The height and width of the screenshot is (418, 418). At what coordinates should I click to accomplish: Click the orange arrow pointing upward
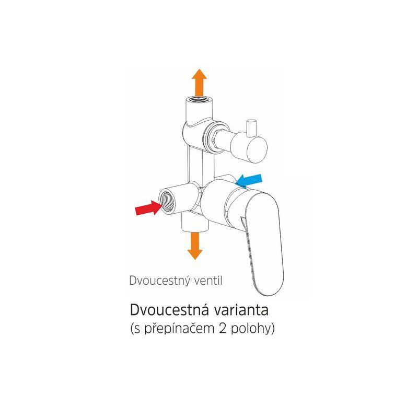pyautogui.click(x=199, y=83)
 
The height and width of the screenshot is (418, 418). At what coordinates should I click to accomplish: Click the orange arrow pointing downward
pyautogui.click(x=195, y=246)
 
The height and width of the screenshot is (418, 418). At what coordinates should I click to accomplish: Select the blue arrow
pyautogui.click(x=249, y=180)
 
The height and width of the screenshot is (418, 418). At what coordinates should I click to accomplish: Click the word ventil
pyautogui.click(x=208, y=281)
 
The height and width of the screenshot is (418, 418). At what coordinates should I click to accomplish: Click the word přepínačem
pyautogui.click(x=180, y=329)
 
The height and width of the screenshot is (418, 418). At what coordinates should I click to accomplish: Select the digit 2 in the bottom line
pyautogui.click(x=223, y=329)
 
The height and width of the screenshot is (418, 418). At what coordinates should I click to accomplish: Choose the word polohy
pyautogui.click(x=251, y=329)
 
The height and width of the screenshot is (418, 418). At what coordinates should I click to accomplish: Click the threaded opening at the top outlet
pyautogui.click(x=199, y=100)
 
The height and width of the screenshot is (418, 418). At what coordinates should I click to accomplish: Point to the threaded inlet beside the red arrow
pyautogui.click(x=167, y=201)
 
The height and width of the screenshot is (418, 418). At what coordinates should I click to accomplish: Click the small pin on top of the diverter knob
pyautogui.click(x=251, y=126)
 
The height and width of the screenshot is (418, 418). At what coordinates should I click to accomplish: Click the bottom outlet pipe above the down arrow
pyautogui.click(x=195, y=223)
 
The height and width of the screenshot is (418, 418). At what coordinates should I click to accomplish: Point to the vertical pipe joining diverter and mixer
pyautogui.click(x=201, y=165)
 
